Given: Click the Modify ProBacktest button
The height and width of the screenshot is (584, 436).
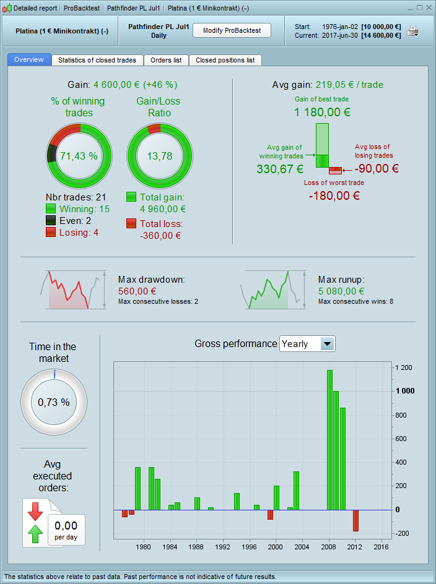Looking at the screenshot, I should (232, 30).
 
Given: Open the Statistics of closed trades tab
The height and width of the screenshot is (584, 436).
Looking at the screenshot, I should (97, 60).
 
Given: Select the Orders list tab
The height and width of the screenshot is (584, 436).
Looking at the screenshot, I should (166, 60).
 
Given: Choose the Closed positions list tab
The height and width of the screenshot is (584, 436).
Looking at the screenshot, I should (225, 60).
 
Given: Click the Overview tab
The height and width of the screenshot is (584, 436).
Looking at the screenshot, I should (29, 59).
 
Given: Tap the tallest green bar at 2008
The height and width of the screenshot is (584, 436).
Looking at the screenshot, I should (329, 439).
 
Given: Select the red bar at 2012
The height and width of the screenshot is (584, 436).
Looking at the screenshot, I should (355, 520).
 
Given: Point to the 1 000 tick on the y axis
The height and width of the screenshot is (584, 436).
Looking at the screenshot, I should (406, 391).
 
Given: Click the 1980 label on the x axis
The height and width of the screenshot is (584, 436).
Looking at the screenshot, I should (143, 547).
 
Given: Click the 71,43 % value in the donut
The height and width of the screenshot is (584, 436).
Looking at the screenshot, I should (79, 156).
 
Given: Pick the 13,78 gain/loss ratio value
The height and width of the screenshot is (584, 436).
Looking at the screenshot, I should (159, 156).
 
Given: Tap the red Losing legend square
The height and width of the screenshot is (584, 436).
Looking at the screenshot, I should (51, 232).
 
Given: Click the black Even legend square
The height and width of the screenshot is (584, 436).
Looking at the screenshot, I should (51, 220).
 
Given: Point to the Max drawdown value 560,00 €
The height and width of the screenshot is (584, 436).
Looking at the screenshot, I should (137, 291).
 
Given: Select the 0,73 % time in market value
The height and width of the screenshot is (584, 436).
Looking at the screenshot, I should (54, 401).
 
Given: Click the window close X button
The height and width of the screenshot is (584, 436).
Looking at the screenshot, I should (429, 8).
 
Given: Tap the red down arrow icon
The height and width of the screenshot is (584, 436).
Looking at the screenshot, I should (35, 510).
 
